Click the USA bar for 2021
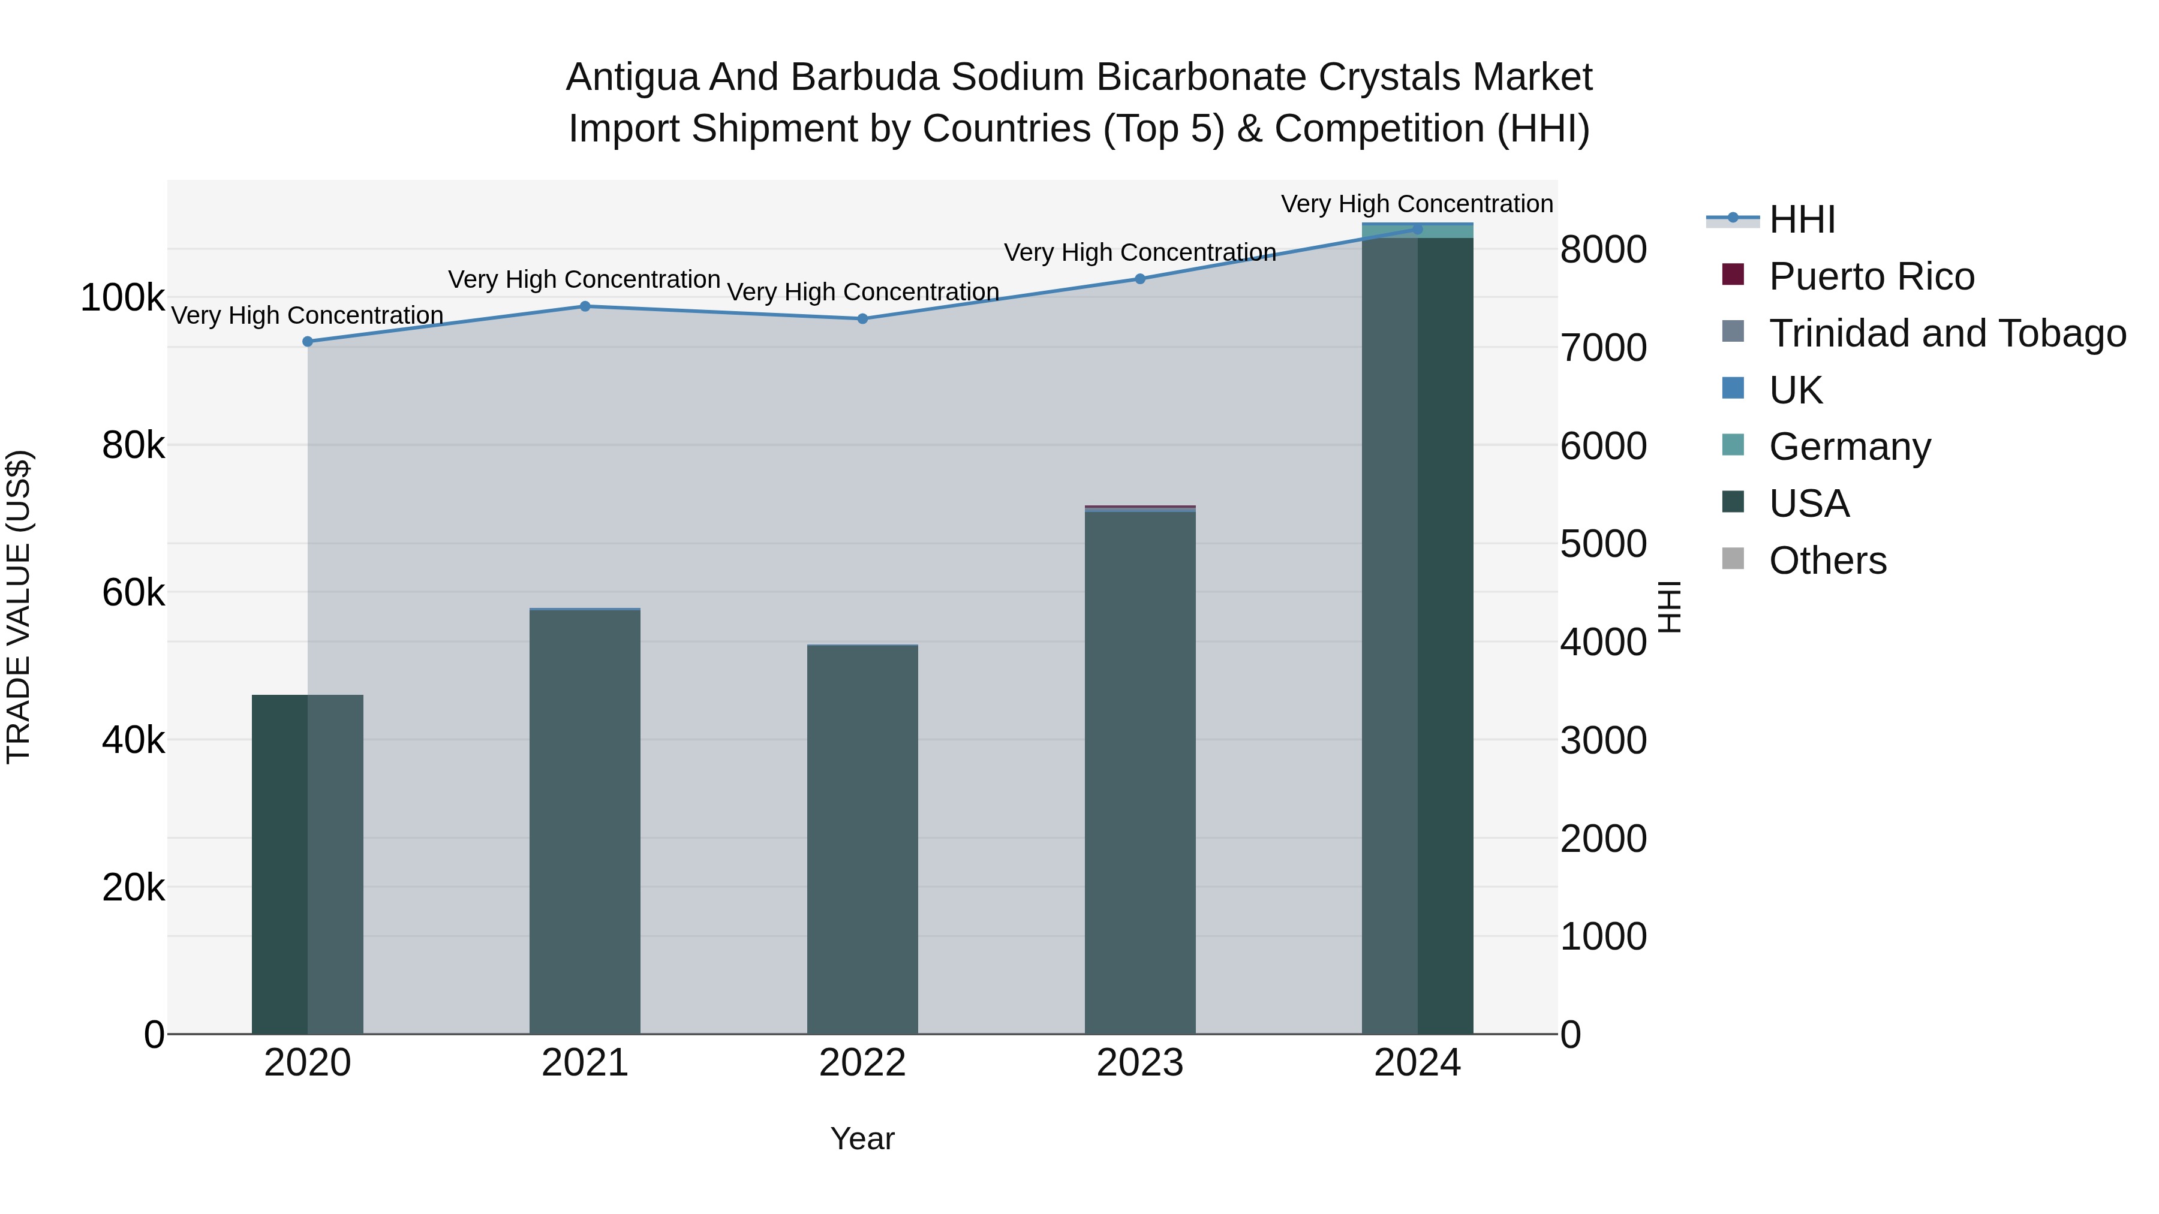click(x=584, y=821)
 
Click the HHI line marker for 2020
click(x=308, y=342)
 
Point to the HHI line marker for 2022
click(x=862, y=318)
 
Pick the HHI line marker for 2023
click(x=1140, y=279)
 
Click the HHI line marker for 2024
click(x=1417, y=229)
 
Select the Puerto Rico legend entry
click(x=1871, y=276)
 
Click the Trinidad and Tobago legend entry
click(x=1946, y=333)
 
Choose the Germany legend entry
click(x=1849, y=447)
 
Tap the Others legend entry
click(x=1827, y=561)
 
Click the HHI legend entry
click(x=1802, y=219)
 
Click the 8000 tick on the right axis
click(x=1602, y=249)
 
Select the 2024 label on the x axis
click(x=1417, y=1063)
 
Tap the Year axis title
click(x=862, y=1138)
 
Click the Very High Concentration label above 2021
click(x=584, y=279)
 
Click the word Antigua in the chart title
click(x=632, y=77)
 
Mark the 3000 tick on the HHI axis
click(x=1602, y=740)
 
